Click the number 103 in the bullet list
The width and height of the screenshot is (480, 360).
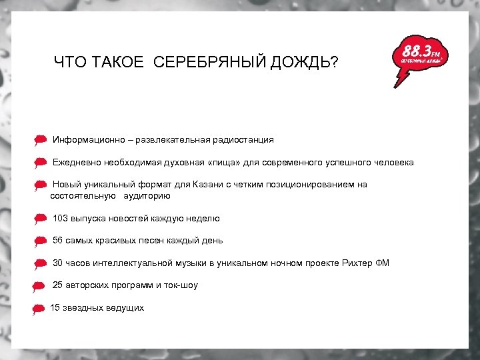coord(60,218)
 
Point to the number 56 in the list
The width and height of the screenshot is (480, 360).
coord(58,240)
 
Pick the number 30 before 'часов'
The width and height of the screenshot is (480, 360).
coord(58,263)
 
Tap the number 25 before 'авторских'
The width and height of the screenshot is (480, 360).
coord(58,285)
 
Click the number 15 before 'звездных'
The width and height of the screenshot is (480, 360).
coord(56,307)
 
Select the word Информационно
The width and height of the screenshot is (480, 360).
coord(89,140)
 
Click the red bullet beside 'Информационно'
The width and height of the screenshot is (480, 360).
coord(40,141)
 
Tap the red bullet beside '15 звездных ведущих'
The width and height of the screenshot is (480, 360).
coord(39,309)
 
